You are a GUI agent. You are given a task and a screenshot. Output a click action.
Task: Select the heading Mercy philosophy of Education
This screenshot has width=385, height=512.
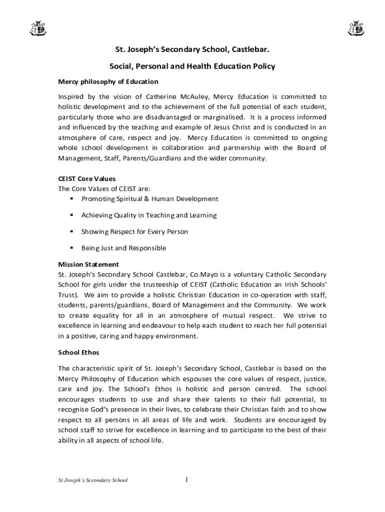[x=108, y=81]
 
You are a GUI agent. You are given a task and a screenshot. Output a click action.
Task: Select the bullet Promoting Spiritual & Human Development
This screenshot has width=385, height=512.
[x=149, y=199]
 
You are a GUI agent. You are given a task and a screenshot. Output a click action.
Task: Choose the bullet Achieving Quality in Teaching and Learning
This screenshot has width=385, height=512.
[x=149, y=215]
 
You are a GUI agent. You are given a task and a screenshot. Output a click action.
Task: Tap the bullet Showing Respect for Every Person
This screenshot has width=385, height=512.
[x=134, y=232]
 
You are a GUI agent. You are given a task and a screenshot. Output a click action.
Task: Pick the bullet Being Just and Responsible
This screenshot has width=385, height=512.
[x=123, y=248]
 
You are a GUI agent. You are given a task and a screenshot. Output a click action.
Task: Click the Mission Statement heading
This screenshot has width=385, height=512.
[x=88, y=264]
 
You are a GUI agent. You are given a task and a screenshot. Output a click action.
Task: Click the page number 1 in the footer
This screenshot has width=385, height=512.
[x=186, y=480]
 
